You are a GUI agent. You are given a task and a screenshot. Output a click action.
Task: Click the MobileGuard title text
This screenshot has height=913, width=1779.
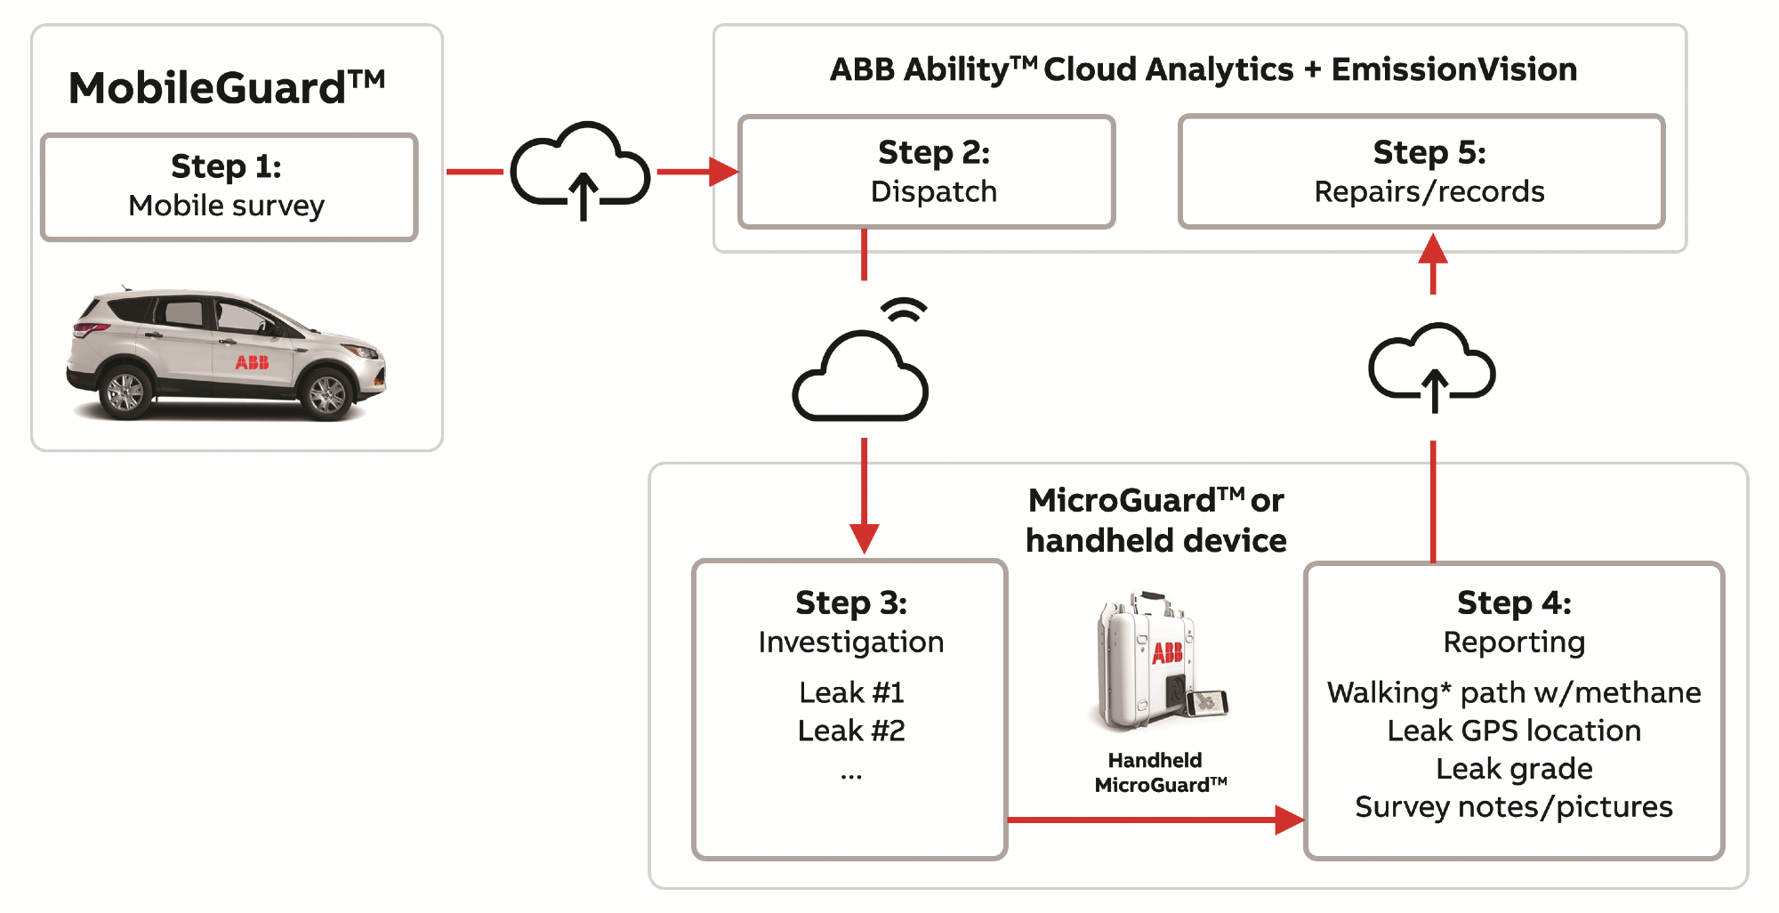point(227,88)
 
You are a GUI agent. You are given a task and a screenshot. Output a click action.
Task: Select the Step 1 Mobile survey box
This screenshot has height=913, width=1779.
point(229,187)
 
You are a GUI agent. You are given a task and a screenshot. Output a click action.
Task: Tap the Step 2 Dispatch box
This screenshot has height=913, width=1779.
point(926,171)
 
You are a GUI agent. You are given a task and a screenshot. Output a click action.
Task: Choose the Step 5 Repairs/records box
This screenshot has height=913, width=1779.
point(1421,171)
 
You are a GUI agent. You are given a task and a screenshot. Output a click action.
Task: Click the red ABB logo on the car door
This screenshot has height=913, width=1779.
point(252,362)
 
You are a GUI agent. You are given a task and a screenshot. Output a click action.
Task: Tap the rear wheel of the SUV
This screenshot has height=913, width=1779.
point(125,392)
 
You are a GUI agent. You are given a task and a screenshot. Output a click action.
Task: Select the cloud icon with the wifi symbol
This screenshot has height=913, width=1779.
point(861,374)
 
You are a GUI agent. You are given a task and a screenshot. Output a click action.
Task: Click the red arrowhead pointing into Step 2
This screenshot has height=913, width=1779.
point(723,171)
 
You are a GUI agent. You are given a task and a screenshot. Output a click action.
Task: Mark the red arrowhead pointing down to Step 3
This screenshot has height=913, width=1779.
point(864,537)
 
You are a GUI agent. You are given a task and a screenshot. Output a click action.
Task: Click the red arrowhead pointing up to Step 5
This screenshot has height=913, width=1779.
point(1433,249)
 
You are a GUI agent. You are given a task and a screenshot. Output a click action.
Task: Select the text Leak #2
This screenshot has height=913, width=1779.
point(851,731)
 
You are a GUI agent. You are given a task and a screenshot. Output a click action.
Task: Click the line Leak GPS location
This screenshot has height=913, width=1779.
point(1514,731)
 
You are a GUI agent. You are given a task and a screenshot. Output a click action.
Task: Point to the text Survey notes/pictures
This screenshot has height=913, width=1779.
point(1514,807)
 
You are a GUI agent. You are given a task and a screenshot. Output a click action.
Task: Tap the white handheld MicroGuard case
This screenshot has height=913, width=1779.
point(1147,663)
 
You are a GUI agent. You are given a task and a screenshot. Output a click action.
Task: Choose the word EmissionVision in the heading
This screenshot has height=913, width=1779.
point(1454,69)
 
